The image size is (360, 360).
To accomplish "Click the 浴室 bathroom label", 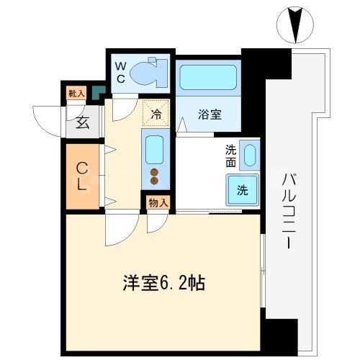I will pos(209,112).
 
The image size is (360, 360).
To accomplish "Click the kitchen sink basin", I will pos(155,150).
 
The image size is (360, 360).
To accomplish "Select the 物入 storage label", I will pos(158,202).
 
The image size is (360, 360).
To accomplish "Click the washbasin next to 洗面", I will pos(249,156).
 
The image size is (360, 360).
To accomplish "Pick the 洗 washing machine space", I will pos(243,191).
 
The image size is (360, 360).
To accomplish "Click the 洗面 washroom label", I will pos(230,156).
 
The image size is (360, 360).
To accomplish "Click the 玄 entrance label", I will pos(83,123).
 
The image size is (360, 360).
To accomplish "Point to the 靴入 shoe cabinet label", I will pos(76,93).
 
